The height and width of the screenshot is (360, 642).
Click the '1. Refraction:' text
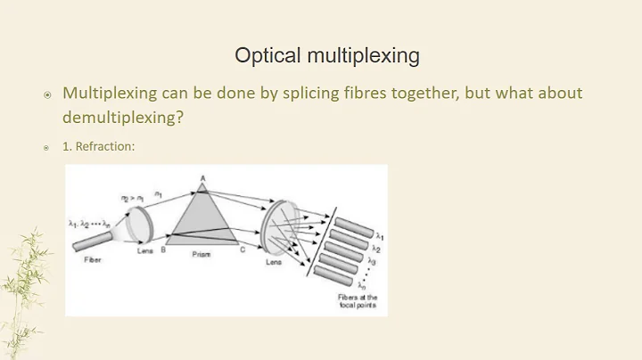point(98,146)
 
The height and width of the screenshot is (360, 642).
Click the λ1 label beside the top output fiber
point(380,236)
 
